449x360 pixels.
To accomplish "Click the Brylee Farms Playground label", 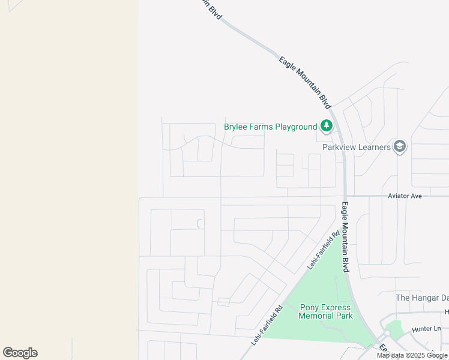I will coord(270,127).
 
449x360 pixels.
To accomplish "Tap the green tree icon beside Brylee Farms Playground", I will coord(326,126).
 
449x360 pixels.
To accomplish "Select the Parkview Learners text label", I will coord(357,147).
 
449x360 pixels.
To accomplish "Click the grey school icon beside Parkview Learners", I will coord(400,146).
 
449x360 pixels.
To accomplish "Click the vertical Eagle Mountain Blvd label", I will coord(346,238).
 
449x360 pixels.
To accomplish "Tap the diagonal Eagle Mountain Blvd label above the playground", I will coord(306,83).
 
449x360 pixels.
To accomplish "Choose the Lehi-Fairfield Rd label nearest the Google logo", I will coord(267,325).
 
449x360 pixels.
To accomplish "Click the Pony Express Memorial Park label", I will coord(326,311).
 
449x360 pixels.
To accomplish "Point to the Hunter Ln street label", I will coord(426,329).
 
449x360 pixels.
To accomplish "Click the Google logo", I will coord(20,353).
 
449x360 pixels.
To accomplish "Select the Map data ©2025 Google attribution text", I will coord(412,355).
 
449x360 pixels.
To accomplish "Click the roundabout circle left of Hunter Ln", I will coord(388,333).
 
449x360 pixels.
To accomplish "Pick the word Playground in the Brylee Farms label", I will coord(296,127).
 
